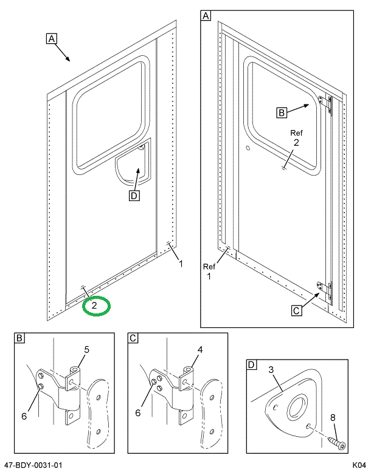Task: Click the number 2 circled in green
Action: click(95, 306)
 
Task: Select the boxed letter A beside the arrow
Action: click(52, 39)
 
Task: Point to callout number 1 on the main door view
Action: click(181, 263)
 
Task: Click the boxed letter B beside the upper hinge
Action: click(282, 112)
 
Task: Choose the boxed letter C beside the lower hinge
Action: click(296, 311)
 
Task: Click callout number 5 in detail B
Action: click(86, 349)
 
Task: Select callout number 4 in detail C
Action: click(199, 349)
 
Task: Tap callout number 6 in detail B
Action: click(24, 416)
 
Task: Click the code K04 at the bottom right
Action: click(358, 465)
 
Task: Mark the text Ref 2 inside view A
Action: click(296, 138)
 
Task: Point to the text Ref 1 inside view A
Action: click(209, 272)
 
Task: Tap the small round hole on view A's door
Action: click(248, 148)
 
